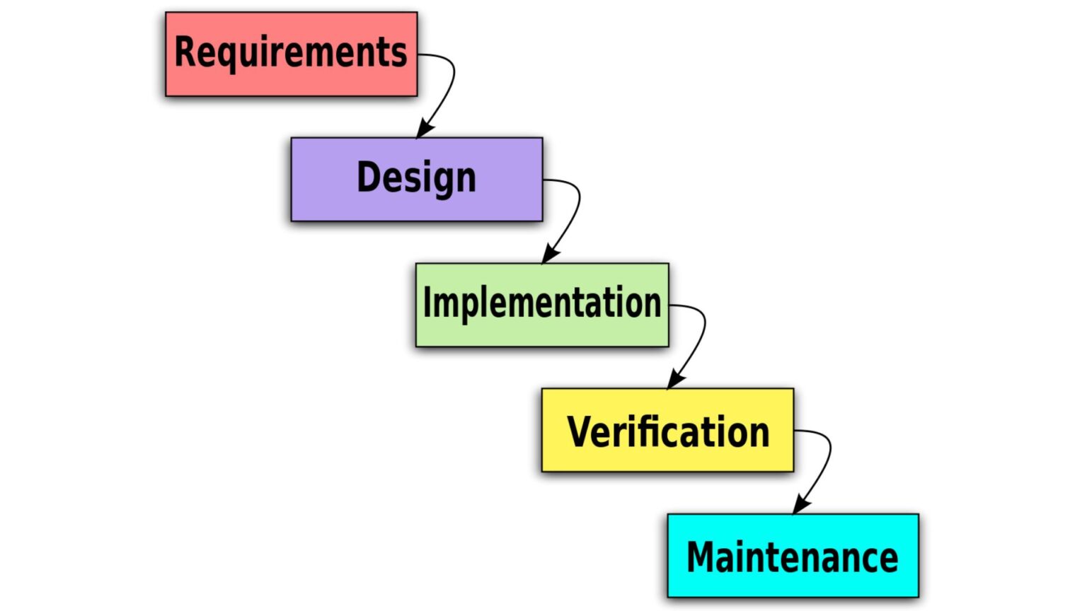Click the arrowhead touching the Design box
[424, 129]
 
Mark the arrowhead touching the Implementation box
[549, 255]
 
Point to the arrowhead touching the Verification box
[674, 380]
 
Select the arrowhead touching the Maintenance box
[800, 506]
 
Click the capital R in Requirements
[185, 52]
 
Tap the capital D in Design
[369, 177]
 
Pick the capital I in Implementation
[427, 303]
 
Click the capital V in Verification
[580, 431]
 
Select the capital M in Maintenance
[704, 557]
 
